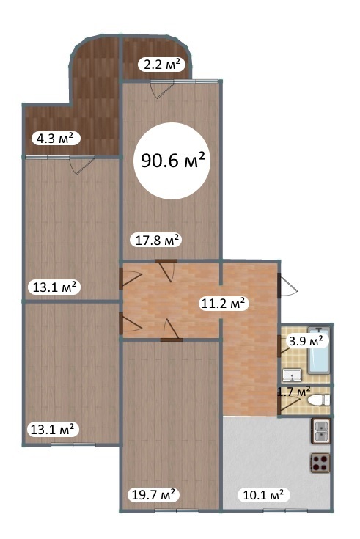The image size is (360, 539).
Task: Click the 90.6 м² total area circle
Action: tap(172, 161)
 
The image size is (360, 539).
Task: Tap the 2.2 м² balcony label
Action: tap(161, 65)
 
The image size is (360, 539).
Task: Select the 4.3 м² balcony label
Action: tap(56, 139)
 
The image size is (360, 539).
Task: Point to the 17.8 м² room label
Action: tap(155, 240)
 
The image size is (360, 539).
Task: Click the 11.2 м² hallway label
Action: tap(224, 304)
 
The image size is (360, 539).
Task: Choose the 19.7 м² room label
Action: tap(154, 495)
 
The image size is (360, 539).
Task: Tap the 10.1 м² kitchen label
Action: tap(264, 495)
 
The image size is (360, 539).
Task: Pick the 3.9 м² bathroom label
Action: tap(306, 341)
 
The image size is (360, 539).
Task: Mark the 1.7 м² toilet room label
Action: tap(294, 392)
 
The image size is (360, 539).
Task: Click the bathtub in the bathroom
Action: tap(319, 351)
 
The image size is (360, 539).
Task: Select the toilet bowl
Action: tap(319, 400)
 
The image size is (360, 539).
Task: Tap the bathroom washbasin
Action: tap(293, 375)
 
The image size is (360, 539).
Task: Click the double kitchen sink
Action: tap(321, 431)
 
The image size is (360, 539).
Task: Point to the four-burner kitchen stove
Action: tap(320, 463)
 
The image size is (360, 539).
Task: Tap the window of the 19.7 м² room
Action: tap(177, 511)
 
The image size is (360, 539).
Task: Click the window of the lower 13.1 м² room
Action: tap(73, 445)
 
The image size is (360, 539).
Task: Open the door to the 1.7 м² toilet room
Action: tap(285, 401)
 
